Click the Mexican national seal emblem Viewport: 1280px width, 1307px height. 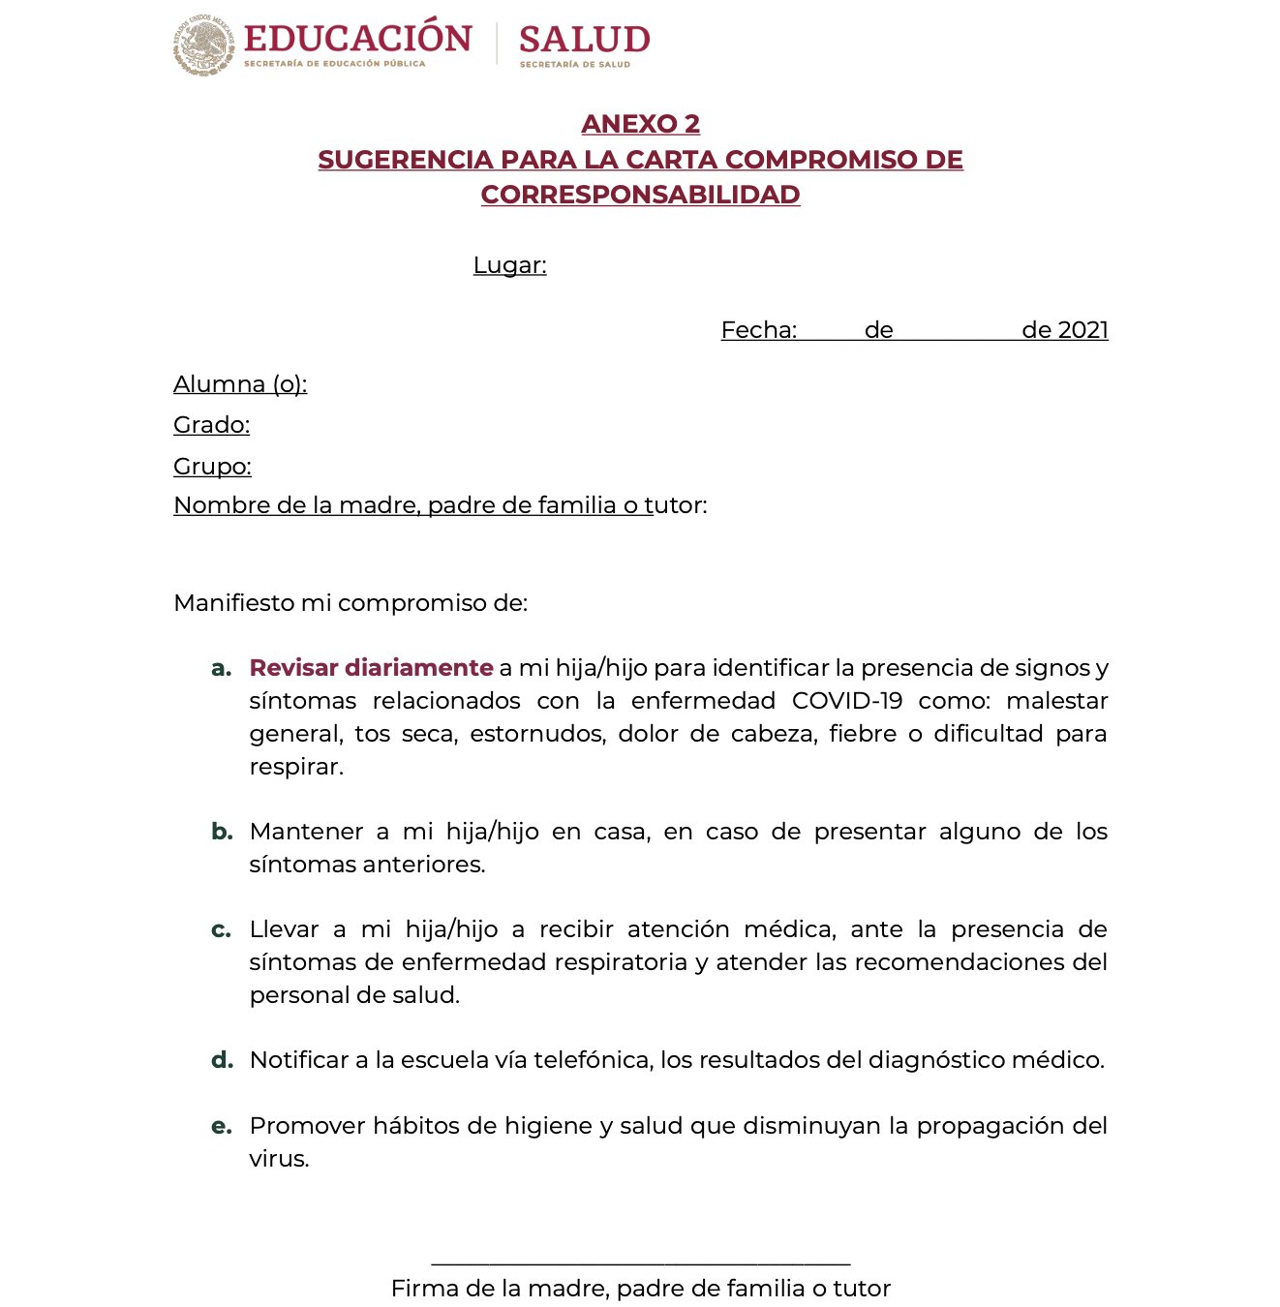pos(204,46)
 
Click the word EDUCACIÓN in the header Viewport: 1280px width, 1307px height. pos(357,39)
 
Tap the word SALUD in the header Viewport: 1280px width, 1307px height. pos(584,40)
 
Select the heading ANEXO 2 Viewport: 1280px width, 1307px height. pos(640,124)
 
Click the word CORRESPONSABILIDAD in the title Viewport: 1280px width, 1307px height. pos(640,195)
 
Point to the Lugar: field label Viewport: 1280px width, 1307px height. pos(509,265)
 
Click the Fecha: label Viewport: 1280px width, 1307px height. pos(758,330)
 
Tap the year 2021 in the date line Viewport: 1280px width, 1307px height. pos(1083,330)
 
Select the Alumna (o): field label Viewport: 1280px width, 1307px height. pos(240,384)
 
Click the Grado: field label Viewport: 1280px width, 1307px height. pos(211,425)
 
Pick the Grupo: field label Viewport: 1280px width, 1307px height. pos(212,467)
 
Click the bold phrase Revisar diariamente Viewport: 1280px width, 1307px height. pos(371,668)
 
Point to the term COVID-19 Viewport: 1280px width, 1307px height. pos(847,701)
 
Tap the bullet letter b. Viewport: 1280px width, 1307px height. pos(222,832)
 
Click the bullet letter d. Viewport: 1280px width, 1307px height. pos(222,1060)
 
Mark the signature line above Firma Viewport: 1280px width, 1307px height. pos(640,1263)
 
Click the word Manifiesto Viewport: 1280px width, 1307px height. pos(233,603)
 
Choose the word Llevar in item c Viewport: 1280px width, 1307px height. pos(284,929)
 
